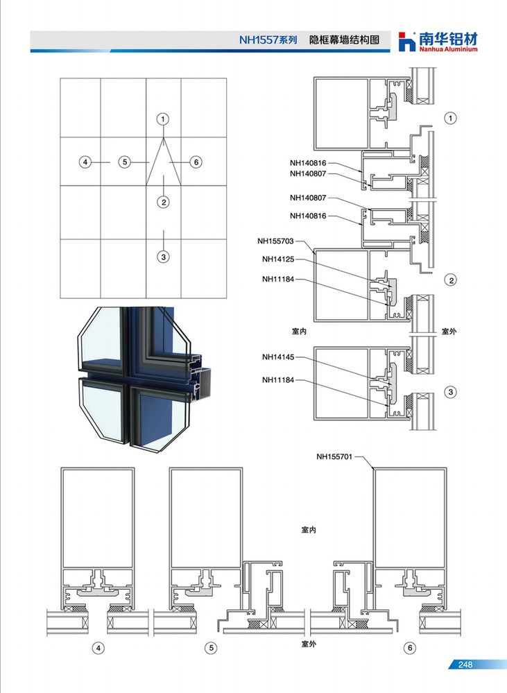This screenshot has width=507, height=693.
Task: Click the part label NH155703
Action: pyautogui.click(x=275, y=241)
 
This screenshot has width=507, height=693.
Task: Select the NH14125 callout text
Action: pyautogui.click(x=278, y=259)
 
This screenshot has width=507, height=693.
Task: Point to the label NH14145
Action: pyautogui.click(x=278, y=357)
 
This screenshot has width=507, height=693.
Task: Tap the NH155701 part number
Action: pyautogui.click(x=334, y=456)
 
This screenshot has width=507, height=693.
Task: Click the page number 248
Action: pyautogui.click(x=465, y=665)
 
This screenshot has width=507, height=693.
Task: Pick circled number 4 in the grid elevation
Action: pyautogui.click(x=85, y=162)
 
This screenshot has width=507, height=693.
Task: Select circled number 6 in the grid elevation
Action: pyautogui.click(x=196, y=162)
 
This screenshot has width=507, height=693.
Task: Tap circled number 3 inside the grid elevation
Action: pyautogui.click(x=164, y=257)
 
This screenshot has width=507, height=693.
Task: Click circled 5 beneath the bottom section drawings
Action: pyautogui.click(x=211, y=648)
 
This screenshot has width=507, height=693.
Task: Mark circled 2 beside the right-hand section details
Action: pyautogui.click(x=451, y=280)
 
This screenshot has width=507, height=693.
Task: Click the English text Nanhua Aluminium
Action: pyautogui.click(x=448, y=49)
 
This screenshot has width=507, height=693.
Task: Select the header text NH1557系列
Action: pyautogui.click(x=268, y=40)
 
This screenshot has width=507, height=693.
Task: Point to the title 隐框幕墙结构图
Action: pyautogui.click(x=344, y=40)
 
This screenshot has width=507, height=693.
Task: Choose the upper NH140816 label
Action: pyautogui.click(x=308, y=163)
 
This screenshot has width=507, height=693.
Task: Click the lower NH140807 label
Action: pyautogui.click(x=308, y=198)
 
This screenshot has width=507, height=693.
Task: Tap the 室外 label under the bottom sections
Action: pyautogui.click(x=309, y=644)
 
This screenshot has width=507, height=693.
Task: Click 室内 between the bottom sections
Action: pyautogui.click(x=309, y=529)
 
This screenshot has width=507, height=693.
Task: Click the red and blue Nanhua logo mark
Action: pyautogui.click(x=406, y=42)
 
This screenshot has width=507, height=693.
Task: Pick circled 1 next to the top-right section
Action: pyautogui.click(x=450, y=118)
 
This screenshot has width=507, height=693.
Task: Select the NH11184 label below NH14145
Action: pyautogui.click(x=278, y=380)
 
